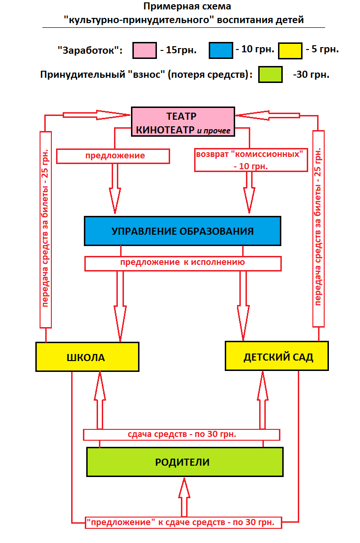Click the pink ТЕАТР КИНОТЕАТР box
coord(182,122)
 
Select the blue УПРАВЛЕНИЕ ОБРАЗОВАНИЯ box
coord(182,231)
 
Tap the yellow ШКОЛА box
coord(88,357)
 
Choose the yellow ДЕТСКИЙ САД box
coord(277,356)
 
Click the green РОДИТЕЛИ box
coord(185,462)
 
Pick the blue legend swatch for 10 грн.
coord(221,50)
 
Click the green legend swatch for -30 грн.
coord(270,74)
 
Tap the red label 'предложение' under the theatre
coord(113,156)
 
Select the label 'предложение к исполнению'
coord(183,263)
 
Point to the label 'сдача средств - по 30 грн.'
coord(181,434)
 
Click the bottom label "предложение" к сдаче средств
coord(184,522)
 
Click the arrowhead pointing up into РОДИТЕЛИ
coord(184,488)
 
